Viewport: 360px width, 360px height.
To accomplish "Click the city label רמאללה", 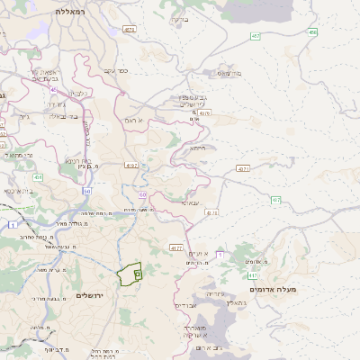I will pos(68,11).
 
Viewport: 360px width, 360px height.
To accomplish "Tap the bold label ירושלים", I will pos(91,295).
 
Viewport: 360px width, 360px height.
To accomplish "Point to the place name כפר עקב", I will pos(117,70).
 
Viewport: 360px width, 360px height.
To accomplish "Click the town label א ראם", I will pos(134,119).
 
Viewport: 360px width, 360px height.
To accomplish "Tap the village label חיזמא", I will pos(198,148).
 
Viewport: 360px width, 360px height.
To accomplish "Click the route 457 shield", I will pos(256,36).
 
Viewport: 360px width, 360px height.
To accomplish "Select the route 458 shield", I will pos(312,32).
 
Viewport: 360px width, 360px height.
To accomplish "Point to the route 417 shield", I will pos(254,275).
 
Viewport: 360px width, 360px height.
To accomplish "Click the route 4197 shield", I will pos(131,166).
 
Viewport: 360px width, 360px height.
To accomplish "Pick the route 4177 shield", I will pos(175,247).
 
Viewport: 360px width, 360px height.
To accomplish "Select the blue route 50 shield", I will pos(87,191).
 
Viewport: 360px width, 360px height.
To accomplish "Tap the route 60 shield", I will pos(142,193).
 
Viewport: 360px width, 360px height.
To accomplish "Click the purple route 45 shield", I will pos(54,90).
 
